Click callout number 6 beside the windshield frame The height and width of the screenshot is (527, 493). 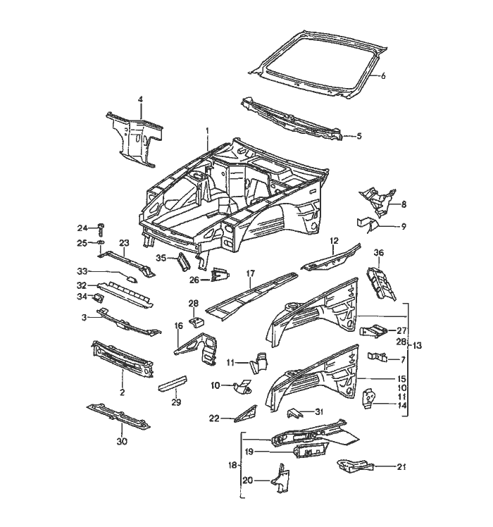384,76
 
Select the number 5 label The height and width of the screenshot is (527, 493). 358,136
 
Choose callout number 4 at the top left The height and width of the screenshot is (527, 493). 140,101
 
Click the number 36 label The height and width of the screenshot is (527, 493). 378,253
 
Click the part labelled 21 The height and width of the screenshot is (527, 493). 354,465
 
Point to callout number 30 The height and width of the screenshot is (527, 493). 122,441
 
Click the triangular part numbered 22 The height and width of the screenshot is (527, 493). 241,414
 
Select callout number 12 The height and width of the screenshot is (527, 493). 335,241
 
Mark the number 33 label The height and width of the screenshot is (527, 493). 82,271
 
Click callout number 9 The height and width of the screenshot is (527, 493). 404,226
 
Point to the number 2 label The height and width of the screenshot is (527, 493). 122,392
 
